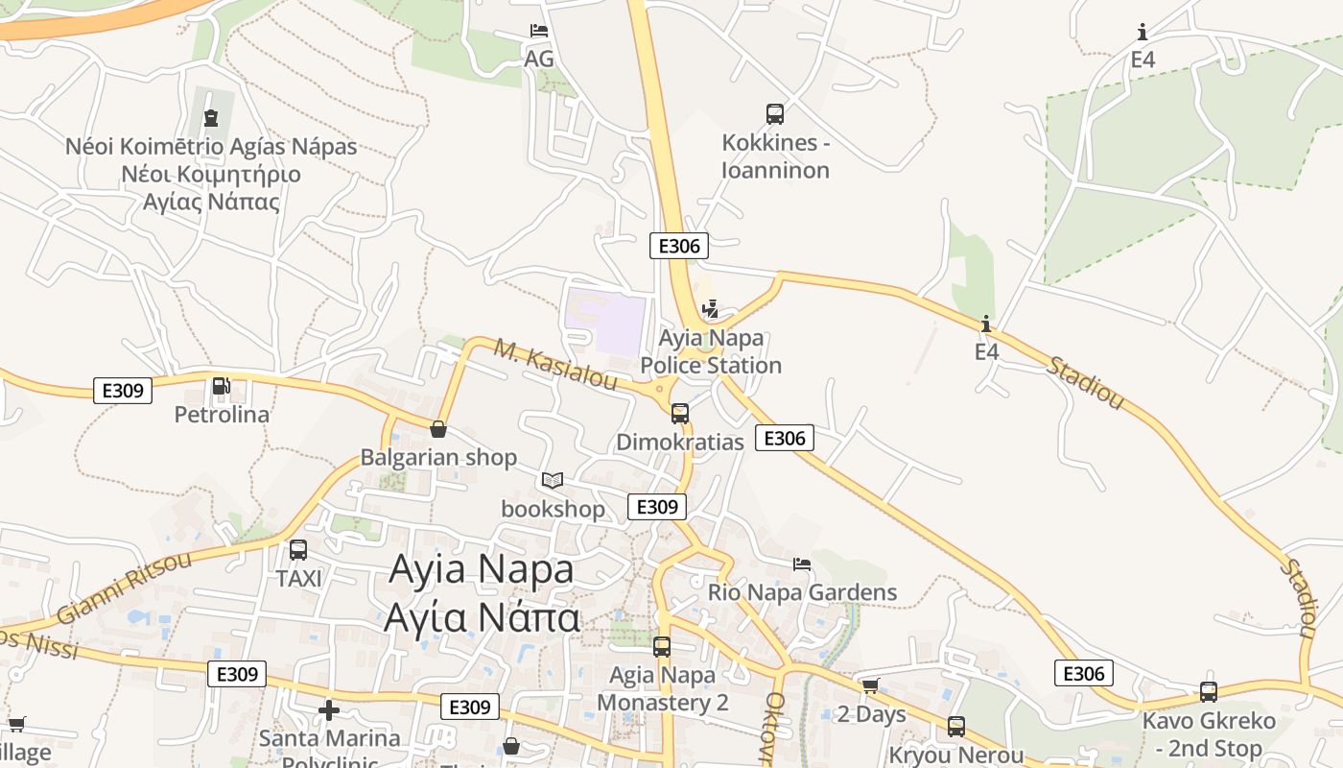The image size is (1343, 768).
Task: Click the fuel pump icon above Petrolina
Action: [221, 386]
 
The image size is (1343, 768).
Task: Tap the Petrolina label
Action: [222, 415]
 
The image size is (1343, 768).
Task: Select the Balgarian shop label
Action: [438, 457]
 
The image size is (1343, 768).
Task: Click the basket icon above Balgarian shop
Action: [438, 429]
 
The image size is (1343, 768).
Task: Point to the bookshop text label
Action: [553, 508]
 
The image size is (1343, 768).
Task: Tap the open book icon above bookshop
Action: [553, 480]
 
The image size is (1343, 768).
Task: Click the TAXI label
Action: [298, 579]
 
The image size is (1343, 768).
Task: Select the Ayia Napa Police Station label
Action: [711, 351]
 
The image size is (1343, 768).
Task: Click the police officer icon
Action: [710, 309]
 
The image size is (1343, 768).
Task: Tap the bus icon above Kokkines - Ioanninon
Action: [775, 114]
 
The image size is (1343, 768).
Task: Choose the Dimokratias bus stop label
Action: [680, 442]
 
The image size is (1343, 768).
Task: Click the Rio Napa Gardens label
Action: [802, 592]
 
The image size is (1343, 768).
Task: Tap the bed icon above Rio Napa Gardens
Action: [802, 564]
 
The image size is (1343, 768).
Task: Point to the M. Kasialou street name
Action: [555, 364]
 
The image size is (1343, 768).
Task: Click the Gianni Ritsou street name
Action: [125, 588]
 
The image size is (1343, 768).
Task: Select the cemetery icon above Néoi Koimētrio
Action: [211, 118]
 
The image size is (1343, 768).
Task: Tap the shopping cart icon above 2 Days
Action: [871, 686]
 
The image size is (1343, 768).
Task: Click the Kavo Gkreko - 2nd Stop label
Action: [1209, 733]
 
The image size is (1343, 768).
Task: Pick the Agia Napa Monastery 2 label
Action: [662, 688]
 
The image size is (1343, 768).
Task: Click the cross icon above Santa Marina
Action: [329, 710]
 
